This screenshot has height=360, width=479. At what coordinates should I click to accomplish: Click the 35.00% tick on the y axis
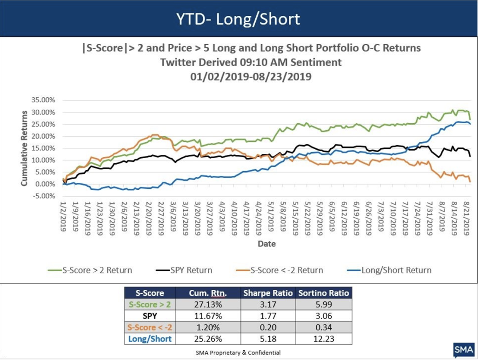pyautogui.click(x=42, y=100)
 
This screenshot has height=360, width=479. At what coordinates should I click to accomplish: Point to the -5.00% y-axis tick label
pyautogui.click(x=42, y=196)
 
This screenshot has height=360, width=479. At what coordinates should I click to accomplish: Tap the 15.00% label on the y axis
pyautogui.click(x=42, y=148)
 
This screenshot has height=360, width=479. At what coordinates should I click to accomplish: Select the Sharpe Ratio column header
pyautogui.click(x=268, y=293)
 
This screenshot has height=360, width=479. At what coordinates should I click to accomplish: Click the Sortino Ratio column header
pyautogui.click(x=324, y=293)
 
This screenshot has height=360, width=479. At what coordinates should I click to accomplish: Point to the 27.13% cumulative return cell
pyautogui.click(x=208, y=305)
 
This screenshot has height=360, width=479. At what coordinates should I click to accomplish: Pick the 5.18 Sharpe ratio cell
pyautogui.click(x=268, y=339)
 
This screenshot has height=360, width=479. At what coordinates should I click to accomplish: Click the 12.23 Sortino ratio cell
pyautogui.click(x=324, y=339)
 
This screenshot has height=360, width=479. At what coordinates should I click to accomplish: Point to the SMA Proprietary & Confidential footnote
pyautogui.click(x=238, y=353)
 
